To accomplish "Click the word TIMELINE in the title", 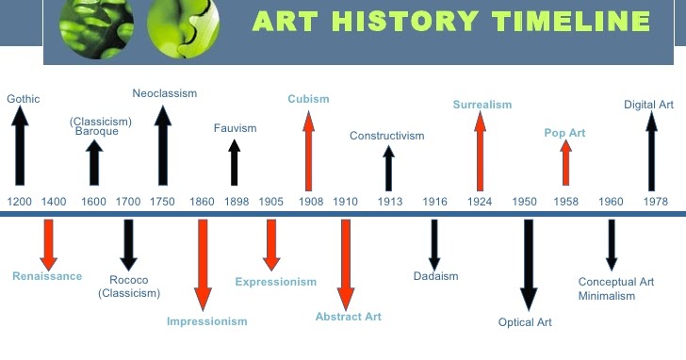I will pos(565,22).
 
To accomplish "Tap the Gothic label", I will pos(24,98).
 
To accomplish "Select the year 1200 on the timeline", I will pos(19,202).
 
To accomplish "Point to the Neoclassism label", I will pos(163,92).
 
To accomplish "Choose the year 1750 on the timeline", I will pos(162,202).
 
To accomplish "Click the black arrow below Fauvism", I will pos(235,162).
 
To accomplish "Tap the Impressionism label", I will pos(206,321).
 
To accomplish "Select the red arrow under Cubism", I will pos(307,150).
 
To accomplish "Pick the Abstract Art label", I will pos(349,317).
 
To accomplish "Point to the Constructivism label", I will pos(387,136).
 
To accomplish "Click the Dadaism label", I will pos(435,276).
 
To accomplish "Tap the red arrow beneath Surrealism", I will pos(481,151).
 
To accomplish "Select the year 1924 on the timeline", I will pos(480,202).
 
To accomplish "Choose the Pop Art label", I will pos(564,133).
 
